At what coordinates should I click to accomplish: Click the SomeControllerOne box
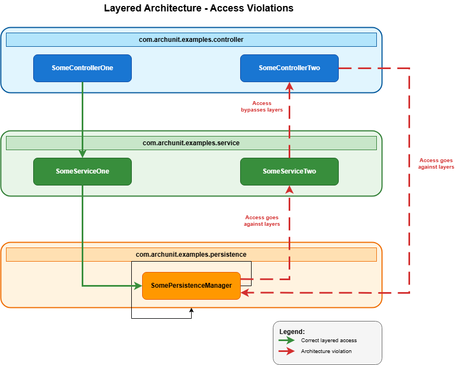pos(82,68)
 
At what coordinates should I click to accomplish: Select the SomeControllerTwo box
pos(289,68)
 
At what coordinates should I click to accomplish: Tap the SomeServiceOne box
pos(82,171)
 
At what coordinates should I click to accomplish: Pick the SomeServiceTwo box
pos(289,171)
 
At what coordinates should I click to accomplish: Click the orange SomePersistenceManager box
pos(191,286)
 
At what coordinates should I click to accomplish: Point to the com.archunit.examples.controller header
pos(191,40)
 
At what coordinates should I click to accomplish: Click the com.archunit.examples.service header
pos(191,143)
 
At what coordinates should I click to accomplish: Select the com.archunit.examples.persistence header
pos(191,254)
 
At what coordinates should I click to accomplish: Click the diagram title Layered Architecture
pos(198,9)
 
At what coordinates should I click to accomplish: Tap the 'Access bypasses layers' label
pos(261,107)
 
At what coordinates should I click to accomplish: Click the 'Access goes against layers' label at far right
pos(436,164)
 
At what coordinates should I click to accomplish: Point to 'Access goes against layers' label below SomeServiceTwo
pos(261,221)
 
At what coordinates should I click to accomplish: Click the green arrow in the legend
pos(286,341)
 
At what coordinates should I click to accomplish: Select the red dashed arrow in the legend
pos(286,351)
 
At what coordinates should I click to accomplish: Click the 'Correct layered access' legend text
pos(328,341)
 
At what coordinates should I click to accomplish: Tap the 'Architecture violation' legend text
pos(326,351)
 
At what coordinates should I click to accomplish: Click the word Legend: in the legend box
pos(292,331)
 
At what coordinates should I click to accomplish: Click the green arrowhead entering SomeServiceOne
pos(82,154)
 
